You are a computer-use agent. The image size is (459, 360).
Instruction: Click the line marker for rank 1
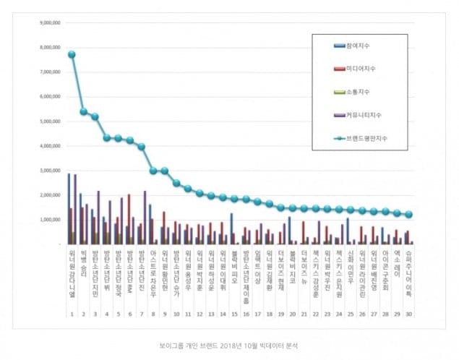[x=72, y=54]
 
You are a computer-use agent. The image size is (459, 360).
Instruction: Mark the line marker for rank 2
[x=83, y=111]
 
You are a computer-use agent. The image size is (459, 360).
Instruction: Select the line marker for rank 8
[x=153, y=171]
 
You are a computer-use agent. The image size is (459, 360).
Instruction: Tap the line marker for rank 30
[x=409, y=214]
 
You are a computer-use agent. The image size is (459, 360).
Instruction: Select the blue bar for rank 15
[x=231, y=228]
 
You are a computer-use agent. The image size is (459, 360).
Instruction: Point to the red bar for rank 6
[x=129, y=219]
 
